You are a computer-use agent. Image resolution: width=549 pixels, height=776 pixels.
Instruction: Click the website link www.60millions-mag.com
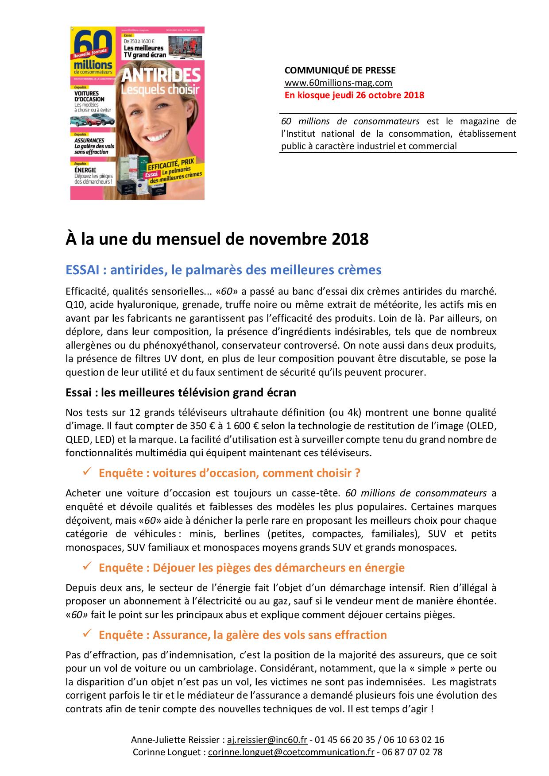click(x=338, y=83)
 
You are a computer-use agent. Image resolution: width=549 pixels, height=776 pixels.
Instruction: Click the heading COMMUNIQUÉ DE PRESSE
click(x=340, y=70)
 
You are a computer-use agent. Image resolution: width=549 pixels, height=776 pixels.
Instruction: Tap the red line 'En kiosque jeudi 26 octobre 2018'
click(x=354, y=95)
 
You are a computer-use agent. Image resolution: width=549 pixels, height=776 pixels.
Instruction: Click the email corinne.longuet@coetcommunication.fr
click(x=291, y=752)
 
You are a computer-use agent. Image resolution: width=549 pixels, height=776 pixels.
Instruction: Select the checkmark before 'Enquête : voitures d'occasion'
click(x=87, y=473)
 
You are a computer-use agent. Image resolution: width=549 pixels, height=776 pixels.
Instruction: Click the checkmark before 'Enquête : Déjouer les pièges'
click(x=87, y=567)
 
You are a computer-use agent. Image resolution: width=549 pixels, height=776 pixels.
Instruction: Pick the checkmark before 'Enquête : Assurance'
click(x=87, y=634)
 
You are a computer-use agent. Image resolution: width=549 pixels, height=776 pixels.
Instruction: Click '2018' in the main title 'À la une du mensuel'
click(x=349, y=239)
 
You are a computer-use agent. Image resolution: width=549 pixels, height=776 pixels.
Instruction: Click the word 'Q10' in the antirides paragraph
click(x=73, y=304)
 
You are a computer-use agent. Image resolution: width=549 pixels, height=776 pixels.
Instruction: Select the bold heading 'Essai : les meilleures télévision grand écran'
click(x=181, y=392)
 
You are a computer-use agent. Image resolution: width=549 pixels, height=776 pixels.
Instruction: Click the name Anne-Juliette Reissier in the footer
click(x=175, y=740)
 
